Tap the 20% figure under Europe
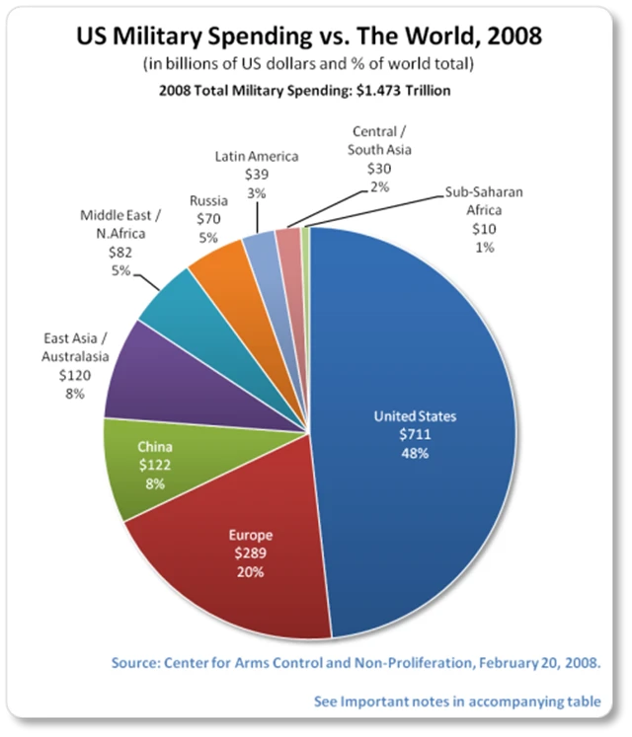[x=250, y=571]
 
